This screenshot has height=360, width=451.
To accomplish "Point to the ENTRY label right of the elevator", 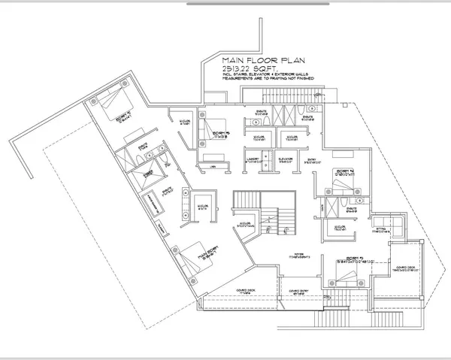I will pos(312,159).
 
